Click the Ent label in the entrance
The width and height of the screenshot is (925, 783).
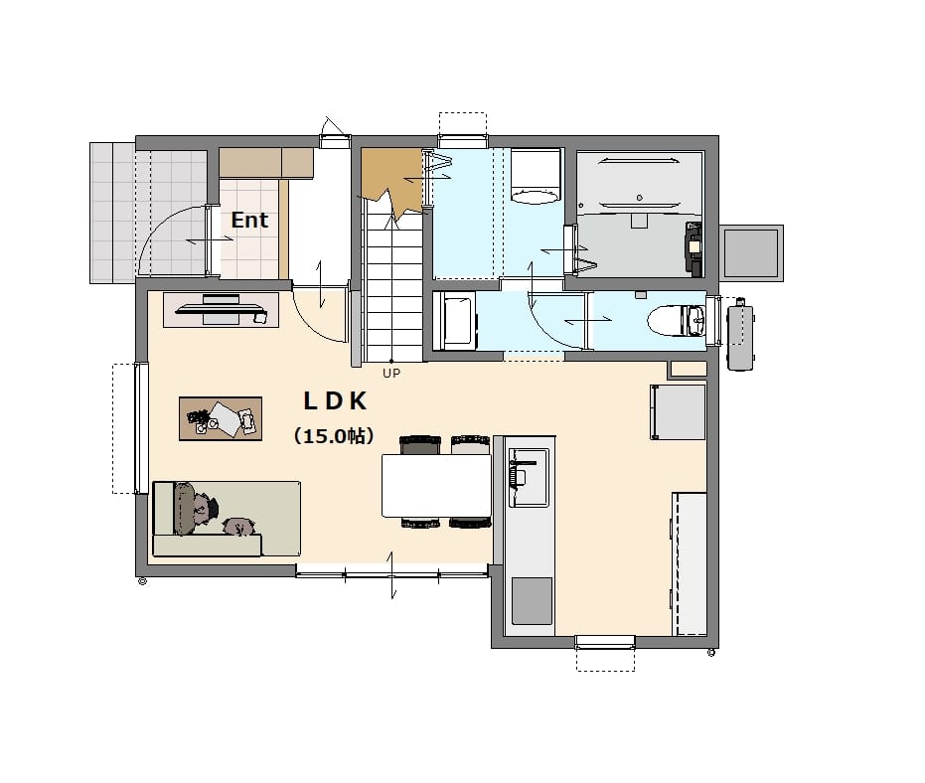click(x=249, y=220)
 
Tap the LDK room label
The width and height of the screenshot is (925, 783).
click(x=335, y=401)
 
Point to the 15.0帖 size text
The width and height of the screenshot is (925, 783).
click(x=334, y=436)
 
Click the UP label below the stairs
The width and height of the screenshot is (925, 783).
click(x=391, y=373)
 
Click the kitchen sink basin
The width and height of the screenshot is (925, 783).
click(x=529, y=477)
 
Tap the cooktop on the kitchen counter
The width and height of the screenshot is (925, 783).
click(x=532, y=601)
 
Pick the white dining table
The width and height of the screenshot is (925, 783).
click(x=436, y=486)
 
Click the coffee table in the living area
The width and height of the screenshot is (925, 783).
click(x=221, y=418)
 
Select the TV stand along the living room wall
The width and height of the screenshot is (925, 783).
click(x=222, y=310)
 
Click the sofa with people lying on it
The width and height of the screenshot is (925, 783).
click(x=227, y=519)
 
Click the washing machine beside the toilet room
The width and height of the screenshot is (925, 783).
click(x=455, y=321)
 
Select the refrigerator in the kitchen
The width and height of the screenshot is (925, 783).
click(x=678, y=411)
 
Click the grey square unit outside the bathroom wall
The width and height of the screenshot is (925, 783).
click(x=751, y=253)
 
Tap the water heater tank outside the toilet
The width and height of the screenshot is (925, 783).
click(x=740, y=335)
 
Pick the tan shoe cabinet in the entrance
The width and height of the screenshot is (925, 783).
click(x=266, y=162)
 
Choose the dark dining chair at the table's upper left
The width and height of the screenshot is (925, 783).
click(x=420, y=444)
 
